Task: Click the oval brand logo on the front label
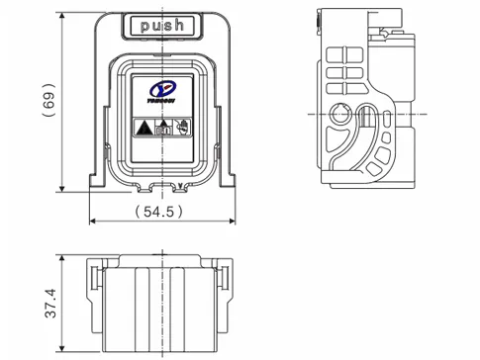click(162, 90)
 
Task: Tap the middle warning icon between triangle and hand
click(162, 126)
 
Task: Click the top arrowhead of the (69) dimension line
click(63, 15)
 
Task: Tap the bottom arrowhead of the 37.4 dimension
click(63, 352)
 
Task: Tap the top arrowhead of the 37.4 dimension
click(63, 259)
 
